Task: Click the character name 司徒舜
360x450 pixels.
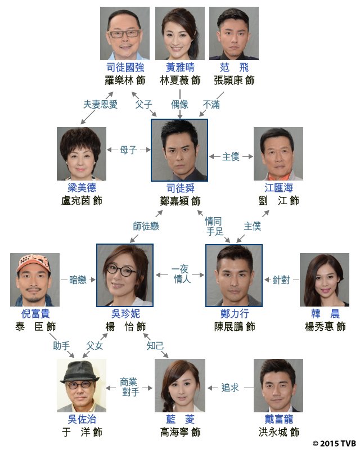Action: coord(179,187)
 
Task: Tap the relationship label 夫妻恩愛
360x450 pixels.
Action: coord(101,104)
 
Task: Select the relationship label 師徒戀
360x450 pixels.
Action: coord(146,226)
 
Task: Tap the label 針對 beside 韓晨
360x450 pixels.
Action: coord(282,279)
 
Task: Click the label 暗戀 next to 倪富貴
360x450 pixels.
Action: coord(78,279)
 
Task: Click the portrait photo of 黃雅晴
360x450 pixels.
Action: coord(179,33)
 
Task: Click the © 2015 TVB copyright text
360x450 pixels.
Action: coord(334,443)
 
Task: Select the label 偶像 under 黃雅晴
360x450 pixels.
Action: coord(180,104)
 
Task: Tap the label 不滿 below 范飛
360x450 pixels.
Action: coord(212,104)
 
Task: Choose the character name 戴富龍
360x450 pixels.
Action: coord(279,419)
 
